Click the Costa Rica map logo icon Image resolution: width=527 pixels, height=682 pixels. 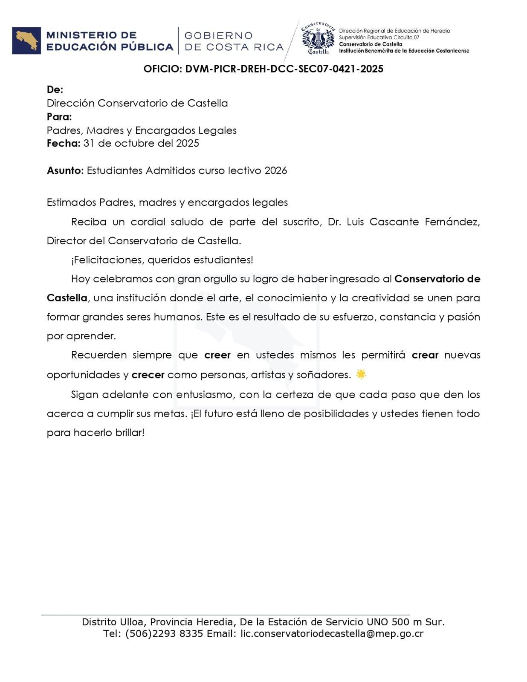tap(26, 41)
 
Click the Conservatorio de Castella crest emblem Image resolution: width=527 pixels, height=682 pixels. tap(318, 38)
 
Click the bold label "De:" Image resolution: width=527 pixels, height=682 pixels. tap(55, 90)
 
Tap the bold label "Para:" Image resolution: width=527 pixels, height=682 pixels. tap(59, 117)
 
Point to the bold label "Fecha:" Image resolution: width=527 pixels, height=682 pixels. tap(64, 143)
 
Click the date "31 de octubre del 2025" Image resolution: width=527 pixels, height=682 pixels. tap(142, 143)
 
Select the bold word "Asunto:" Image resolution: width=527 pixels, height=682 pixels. tap(65, 170)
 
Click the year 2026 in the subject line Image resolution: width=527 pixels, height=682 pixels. tap(275, 170)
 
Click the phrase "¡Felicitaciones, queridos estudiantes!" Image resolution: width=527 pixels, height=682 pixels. tap(162, 260)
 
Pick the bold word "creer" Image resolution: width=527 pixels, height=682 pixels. tap(217, 355)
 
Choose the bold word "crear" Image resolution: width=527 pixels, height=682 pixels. tap(425, 355)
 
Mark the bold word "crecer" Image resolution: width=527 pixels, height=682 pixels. tap(148, 375)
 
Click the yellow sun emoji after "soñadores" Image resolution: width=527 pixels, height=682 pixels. tap(361, 375)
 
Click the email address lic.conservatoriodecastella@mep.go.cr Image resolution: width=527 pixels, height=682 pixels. tap(332, 634)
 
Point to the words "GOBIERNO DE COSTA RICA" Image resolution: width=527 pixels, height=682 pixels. tap(234, 41)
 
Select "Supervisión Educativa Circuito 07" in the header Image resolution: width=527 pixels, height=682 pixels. tap(379, 38)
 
